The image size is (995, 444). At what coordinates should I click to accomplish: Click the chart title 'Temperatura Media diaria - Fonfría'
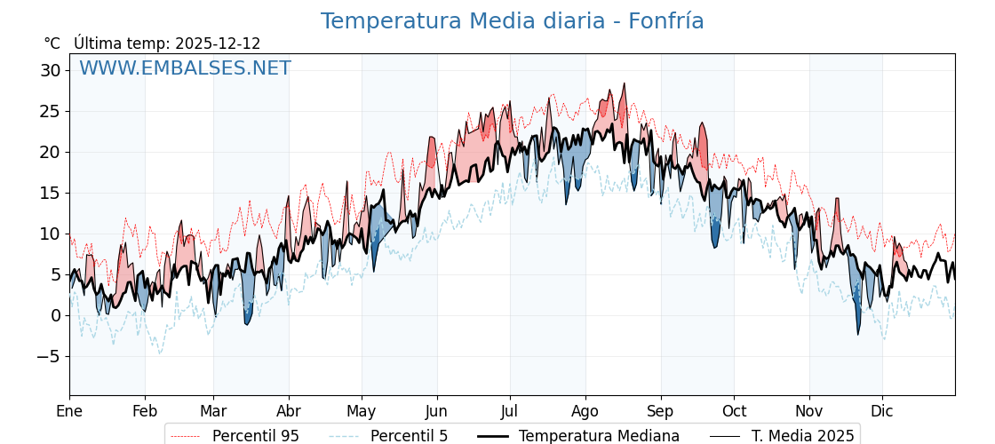[512, 21]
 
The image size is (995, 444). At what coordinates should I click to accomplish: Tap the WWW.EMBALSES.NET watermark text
[185, 68]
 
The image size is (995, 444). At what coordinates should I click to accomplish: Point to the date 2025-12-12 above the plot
[218, 44]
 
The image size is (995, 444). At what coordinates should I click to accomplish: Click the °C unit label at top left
[52, 44]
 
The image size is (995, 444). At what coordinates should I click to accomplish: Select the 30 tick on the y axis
[51, 70]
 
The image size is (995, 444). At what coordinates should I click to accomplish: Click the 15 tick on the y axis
[51, 193]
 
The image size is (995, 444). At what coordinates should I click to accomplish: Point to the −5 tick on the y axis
[47, 356]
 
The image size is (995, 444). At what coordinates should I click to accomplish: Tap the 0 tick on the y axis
[56, 315]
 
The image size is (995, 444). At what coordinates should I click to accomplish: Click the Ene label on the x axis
[69, 411]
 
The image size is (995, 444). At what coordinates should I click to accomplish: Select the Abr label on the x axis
[289, 411]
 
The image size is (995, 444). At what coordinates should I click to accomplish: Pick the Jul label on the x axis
[510, 411]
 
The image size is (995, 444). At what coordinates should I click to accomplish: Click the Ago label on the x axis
[585, 411]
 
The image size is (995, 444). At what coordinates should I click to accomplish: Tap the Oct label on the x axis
[734, 411]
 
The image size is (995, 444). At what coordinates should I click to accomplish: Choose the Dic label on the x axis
[882, 411]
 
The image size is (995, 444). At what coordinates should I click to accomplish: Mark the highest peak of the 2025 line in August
[625, 83]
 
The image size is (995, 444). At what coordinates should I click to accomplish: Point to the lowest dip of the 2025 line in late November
[858, 334]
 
